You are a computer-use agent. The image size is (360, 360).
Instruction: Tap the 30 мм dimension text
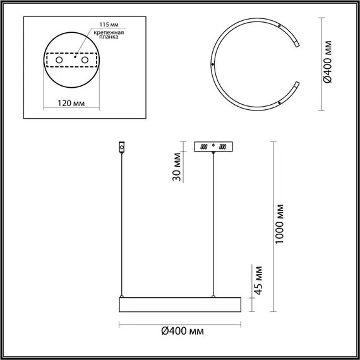coord(178,167)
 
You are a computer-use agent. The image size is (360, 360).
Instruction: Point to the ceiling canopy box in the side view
coord(214,146)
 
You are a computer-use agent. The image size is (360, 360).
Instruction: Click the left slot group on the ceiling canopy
coord(203,147)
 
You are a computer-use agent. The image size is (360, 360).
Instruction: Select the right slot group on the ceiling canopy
coord(225,147)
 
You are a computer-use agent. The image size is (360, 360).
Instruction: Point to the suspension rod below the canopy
coord(214,221)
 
